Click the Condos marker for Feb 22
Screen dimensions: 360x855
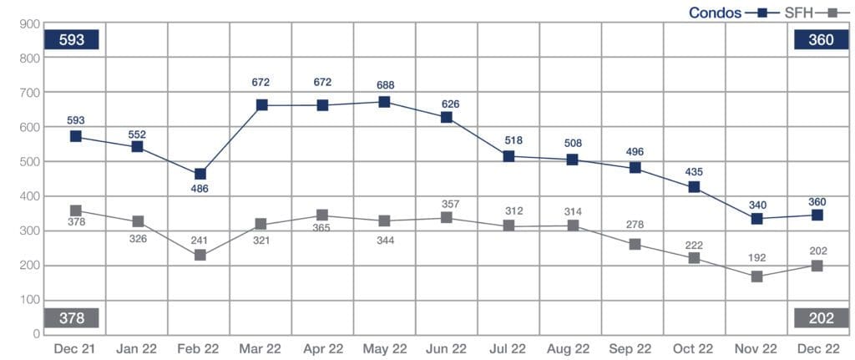coord(199,174)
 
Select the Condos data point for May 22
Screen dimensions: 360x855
coord(384,102)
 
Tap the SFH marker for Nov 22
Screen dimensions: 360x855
coord(756,276)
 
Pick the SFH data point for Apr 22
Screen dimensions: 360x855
coord(322,215)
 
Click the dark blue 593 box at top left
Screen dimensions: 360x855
coord(73,39)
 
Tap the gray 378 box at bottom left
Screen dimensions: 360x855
coord(73,318)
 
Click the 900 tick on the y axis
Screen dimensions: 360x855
coord(31,24)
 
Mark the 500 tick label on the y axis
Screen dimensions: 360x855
coord(31,162)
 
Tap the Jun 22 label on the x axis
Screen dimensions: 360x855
coord(446,347)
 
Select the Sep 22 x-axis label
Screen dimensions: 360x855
coord(631,347)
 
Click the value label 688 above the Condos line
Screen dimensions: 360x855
coord(385,85)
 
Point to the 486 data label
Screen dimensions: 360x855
coord(200,190)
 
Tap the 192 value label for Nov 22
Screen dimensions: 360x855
coord(756,258)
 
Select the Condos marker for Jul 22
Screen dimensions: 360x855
coord(508,156)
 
